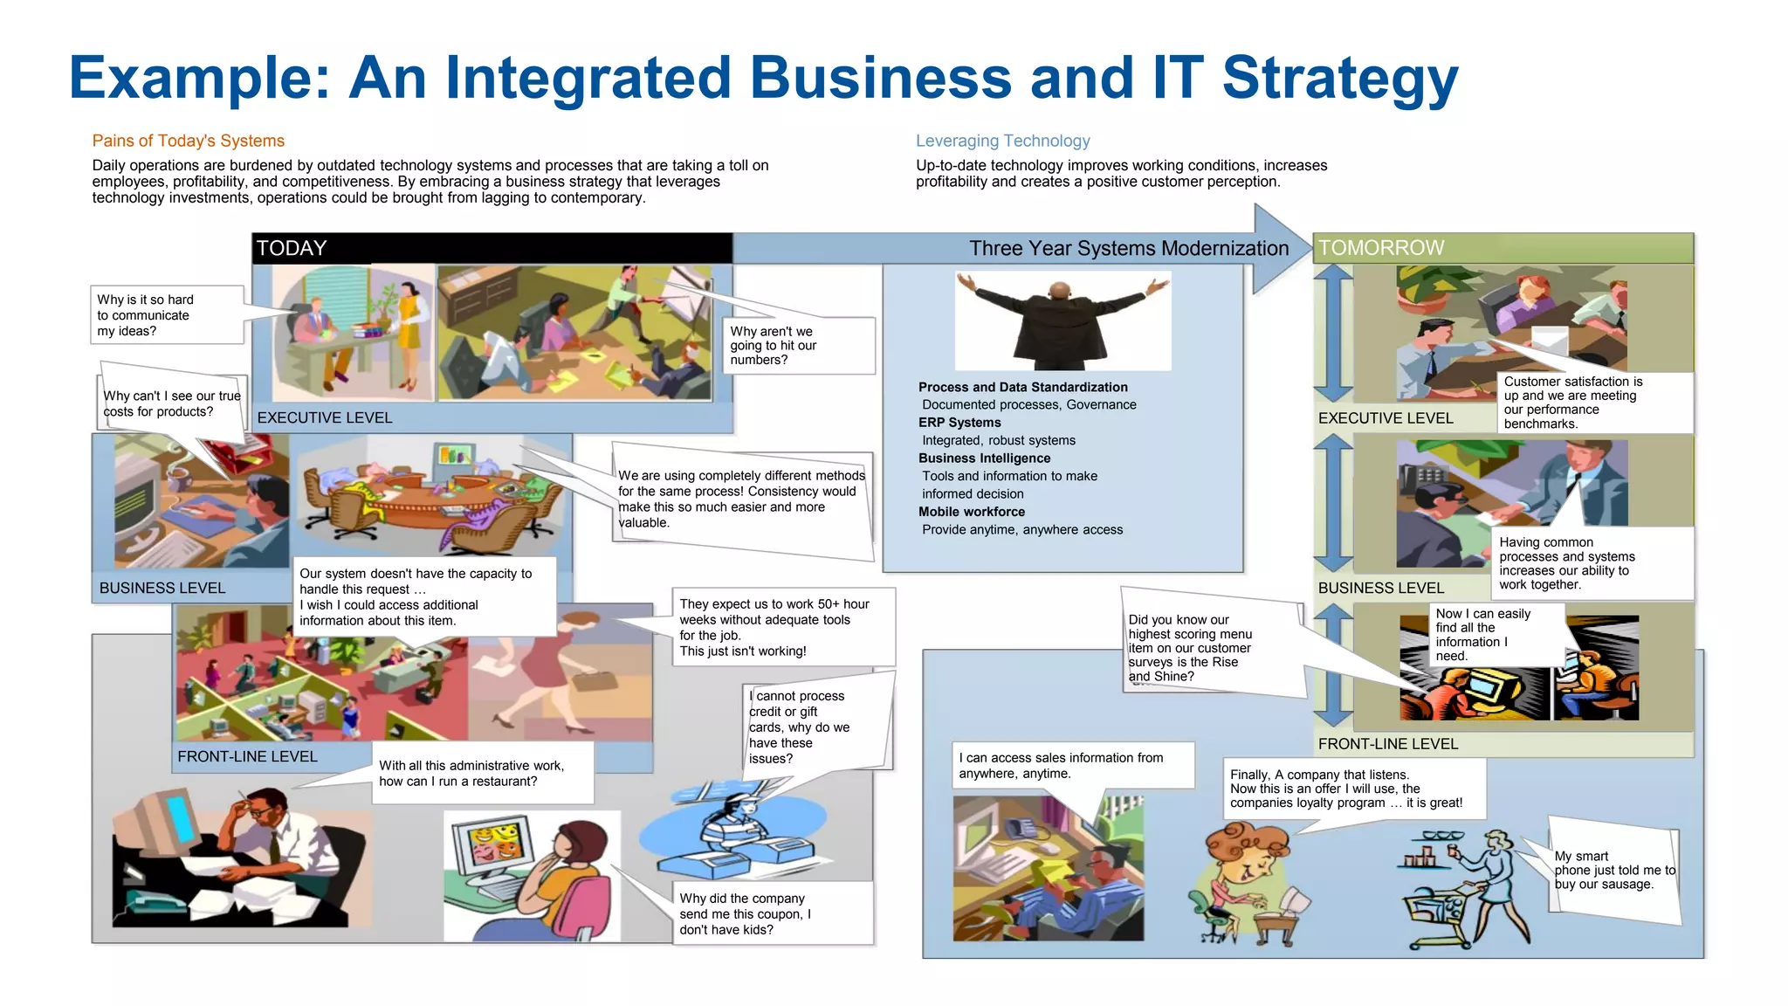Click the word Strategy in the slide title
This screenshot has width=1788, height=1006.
[x=1339, y=79]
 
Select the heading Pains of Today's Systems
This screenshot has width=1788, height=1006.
[x=189, y=141]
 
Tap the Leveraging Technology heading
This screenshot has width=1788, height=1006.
[x=1002, y=141]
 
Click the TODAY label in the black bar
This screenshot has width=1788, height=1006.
[x=292, y=248]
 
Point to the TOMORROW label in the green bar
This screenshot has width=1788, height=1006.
[x=1381, y=248]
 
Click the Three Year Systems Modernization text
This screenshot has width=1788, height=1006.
[x=1128, y=249]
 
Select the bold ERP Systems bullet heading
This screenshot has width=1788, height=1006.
[x=959, y=423]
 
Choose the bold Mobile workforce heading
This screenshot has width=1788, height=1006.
[x=972, y=512]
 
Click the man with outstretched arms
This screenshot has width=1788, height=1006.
[x=1062, y=321]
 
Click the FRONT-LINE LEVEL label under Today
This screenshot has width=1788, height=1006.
[x=247, y=756]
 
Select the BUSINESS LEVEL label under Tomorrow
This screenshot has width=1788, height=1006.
[x=1380, y=588]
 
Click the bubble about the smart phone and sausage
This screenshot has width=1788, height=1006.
[x=1614, y=870]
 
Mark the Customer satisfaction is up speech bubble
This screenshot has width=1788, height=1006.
[x=1594, y=403]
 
